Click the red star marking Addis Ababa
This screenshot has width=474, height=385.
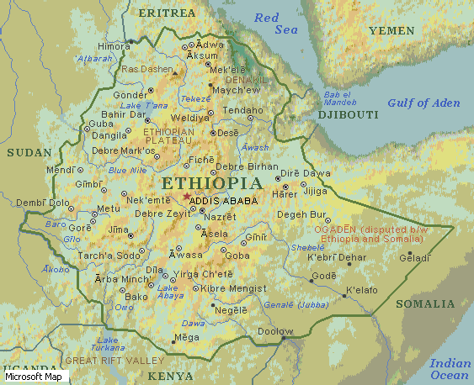[186, 197]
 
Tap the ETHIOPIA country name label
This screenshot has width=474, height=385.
[211, 183]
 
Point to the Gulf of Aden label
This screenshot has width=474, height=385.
[423, 103]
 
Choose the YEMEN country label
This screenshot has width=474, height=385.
[391, 30]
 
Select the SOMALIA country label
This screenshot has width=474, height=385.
[425, 303]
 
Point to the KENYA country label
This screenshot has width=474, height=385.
[170, 376]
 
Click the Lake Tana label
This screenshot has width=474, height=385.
[144, 105]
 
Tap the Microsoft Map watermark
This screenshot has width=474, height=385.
[33, 377]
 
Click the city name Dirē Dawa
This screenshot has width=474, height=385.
[306, 173]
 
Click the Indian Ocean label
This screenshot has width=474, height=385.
[450, 369]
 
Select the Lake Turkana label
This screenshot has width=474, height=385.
[107, 343]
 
